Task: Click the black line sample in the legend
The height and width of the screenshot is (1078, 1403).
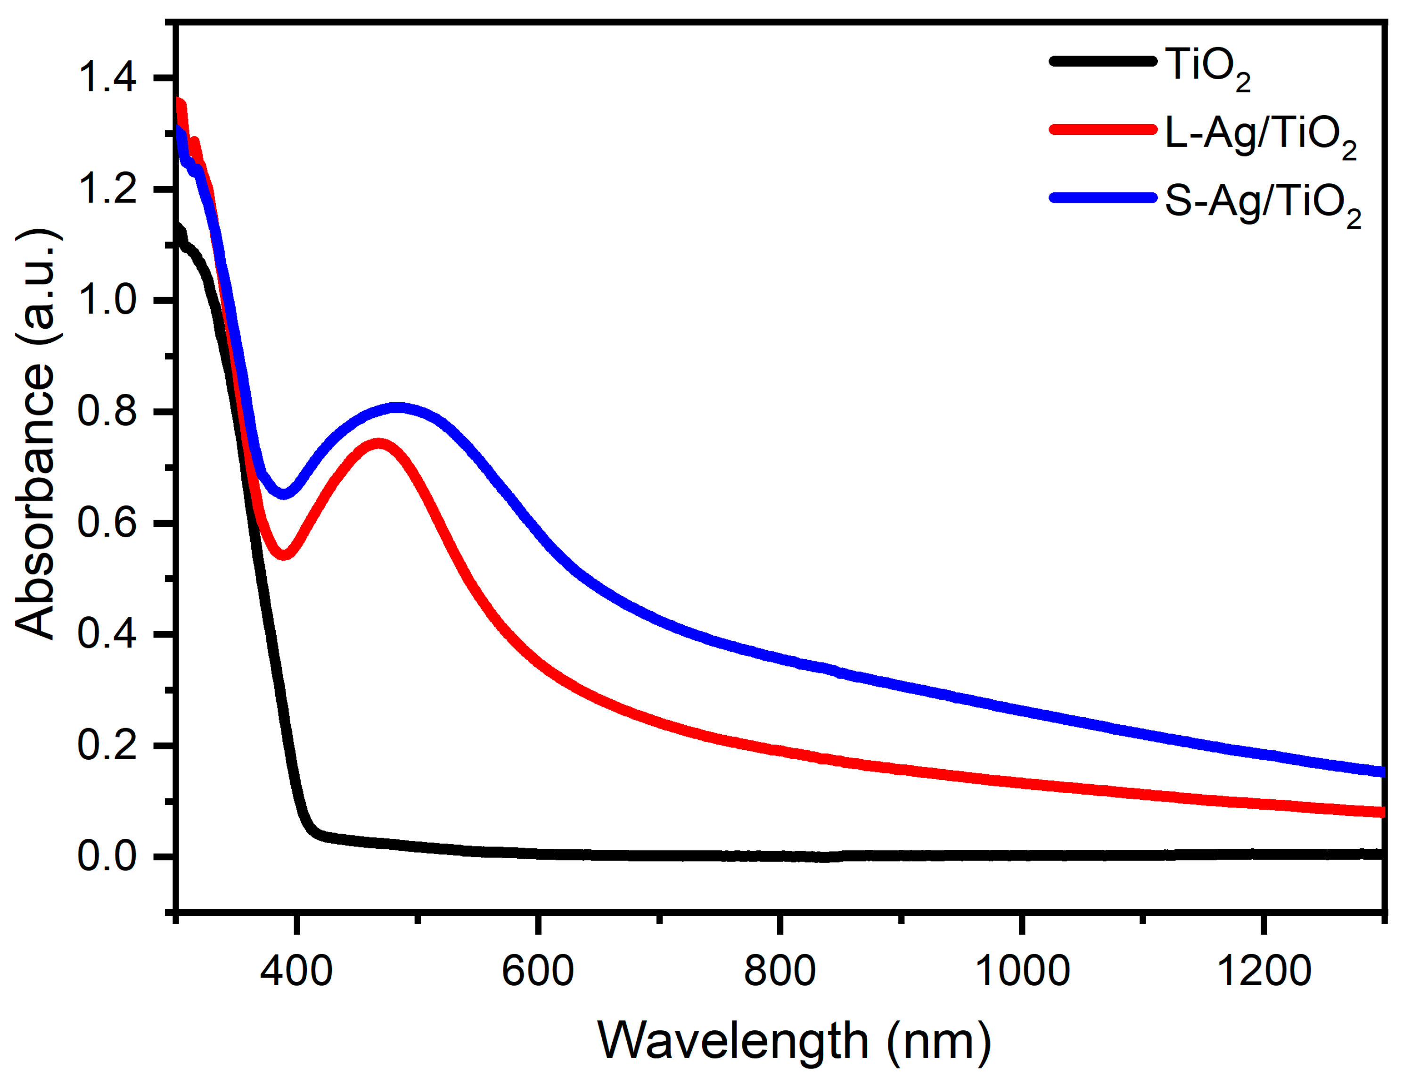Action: [1102, 62]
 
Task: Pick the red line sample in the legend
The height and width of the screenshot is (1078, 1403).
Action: [1102, 129]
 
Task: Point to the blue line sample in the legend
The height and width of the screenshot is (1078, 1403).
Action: [1102, 197]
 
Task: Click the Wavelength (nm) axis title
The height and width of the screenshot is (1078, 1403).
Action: [794, 1040]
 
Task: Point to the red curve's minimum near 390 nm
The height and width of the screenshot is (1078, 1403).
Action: [284, 554]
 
